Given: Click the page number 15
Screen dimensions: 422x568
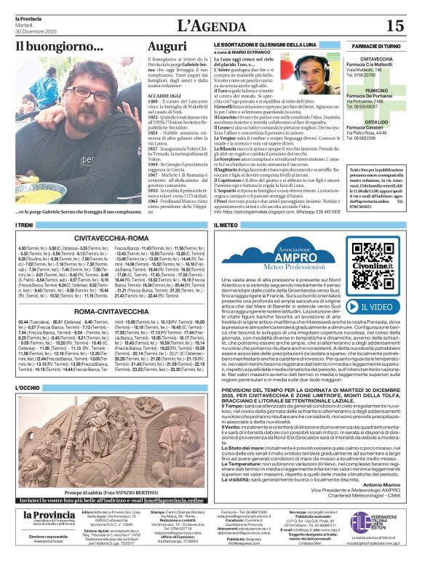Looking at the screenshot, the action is (395, 26).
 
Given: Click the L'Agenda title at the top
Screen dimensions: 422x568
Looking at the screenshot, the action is (210, 25).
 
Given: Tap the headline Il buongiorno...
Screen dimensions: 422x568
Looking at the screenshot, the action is (60, 47).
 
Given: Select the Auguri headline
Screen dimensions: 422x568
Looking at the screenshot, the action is (167, 47).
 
